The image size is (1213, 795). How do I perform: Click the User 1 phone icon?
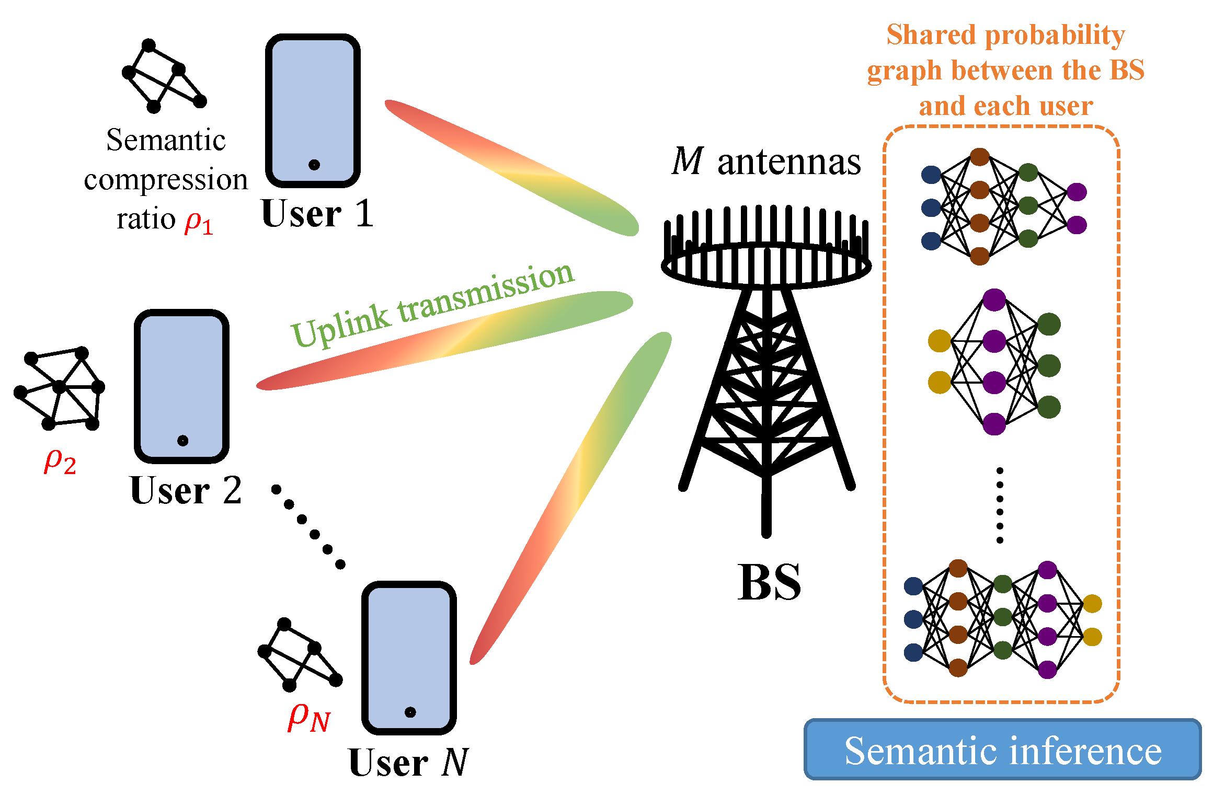click(313, 111)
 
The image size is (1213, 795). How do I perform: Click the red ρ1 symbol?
click(199, 223)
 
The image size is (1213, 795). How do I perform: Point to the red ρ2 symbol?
click(60, 462)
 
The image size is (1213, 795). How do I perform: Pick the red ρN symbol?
click(308, 717)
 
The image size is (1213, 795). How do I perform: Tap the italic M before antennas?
click(687, 162)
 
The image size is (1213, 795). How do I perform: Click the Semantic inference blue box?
click(1002, 750)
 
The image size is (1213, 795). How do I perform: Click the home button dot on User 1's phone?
click(314, 165)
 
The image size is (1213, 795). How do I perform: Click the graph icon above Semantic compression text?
click(164, 76)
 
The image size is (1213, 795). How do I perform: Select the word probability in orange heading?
click(1055, 36)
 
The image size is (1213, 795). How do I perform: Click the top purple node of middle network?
click(994, 299)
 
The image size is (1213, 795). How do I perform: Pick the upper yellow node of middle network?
click(939, 341)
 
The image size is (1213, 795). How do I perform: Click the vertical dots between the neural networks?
click(1000, 505)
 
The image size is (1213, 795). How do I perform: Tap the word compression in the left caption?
click(166, 180)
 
